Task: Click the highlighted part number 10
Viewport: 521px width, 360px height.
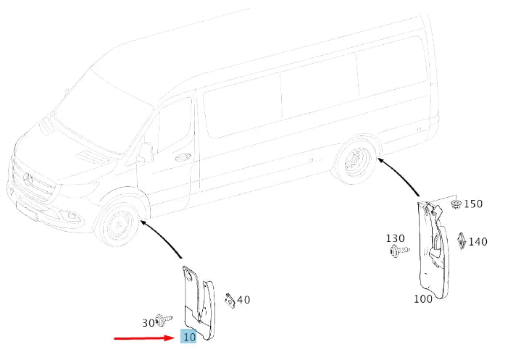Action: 188,338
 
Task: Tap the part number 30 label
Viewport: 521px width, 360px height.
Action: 149,323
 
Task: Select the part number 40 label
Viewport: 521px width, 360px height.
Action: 243,300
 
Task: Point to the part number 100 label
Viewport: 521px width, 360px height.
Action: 423,298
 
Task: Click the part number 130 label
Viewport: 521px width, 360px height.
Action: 395,238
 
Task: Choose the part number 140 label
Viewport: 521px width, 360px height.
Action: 478,242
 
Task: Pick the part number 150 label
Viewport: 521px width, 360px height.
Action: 473,204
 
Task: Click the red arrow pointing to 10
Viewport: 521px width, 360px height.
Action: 145,338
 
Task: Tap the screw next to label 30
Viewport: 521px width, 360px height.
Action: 164,319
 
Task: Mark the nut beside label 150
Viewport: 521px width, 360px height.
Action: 456,204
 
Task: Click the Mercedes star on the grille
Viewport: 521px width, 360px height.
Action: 30,177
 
